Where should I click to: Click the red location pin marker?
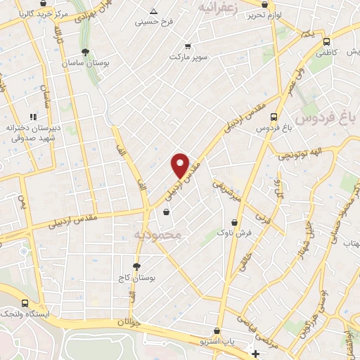(x=181, y=165)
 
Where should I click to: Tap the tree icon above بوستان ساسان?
(x=86, y=52)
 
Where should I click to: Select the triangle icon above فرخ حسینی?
(x=154, y=11)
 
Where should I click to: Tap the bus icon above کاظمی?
(x=325, y=41)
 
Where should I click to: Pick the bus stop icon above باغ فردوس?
(x=274, y=117)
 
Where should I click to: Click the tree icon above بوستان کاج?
(x=136, y=266)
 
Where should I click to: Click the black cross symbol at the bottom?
(x=255, y=353)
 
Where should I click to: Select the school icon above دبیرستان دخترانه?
(x=32, y=117)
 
